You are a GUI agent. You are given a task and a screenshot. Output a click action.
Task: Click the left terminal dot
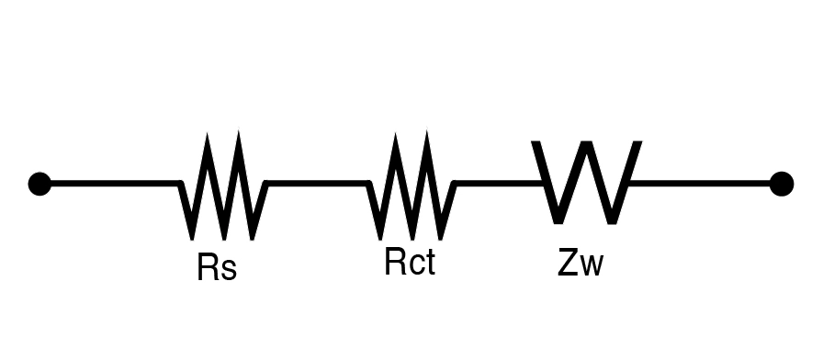(x=39, y=184)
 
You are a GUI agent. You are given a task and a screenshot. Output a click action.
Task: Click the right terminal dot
(x=782, y=184)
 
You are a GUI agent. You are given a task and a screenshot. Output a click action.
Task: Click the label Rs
(x=217, y=266)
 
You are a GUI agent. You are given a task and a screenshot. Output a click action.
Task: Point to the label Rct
(x=410, y=262)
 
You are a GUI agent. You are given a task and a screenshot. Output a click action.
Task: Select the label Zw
(x=580, y=263)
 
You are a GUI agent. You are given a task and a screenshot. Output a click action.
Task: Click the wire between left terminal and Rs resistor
(x=115, y=183)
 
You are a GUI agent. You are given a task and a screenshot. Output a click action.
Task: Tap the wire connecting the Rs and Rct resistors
(x=318, y=183)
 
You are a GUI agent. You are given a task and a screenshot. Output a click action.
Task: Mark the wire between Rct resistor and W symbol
(x=499, y=183)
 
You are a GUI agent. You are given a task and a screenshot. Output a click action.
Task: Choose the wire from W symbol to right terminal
(x=700, y=183)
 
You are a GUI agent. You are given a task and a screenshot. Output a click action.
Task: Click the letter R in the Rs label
(x=207, y=266)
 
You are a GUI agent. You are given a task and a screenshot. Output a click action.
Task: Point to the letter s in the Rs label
(x=228, y=270)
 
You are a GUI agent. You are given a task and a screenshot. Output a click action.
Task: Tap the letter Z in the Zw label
(x=569, y=263)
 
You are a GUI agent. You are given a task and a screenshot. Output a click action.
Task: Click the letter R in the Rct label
(x=395, y=262)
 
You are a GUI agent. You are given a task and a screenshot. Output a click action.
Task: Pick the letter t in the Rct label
(x=431, y=263)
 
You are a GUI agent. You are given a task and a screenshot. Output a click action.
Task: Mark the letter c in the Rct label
(x=416, y=265)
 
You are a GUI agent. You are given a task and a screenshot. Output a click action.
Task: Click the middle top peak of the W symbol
(x=587, y=142)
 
